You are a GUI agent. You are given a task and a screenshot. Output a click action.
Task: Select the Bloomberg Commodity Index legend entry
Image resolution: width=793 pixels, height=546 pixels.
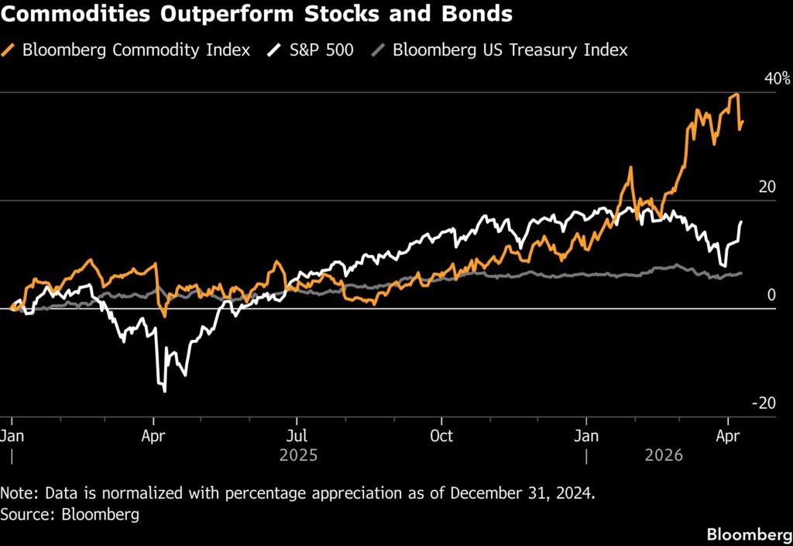136,50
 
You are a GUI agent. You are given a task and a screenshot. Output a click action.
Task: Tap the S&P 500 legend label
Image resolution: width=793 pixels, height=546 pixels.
321,50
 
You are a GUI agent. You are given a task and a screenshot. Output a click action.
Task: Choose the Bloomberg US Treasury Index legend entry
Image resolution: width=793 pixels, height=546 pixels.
510,50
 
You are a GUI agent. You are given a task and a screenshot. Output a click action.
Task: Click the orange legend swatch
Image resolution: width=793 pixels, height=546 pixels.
11,50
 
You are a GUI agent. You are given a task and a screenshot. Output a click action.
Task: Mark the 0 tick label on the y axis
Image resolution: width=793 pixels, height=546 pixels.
771,294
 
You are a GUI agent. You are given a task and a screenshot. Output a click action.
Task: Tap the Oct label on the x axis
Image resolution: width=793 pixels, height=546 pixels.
441,435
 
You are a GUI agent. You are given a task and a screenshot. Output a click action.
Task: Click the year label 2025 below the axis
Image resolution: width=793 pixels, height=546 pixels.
298,455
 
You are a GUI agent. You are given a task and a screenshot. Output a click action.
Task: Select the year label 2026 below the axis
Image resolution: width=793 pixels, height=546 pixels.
664,455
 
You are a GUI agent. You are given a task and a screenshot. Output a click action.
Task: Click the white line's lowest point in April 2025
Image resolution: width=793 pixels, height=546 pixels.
165,391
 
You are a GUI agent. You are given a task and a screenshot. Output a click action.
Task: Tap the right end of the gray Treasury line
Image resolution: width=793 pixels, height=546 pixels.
741,273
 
